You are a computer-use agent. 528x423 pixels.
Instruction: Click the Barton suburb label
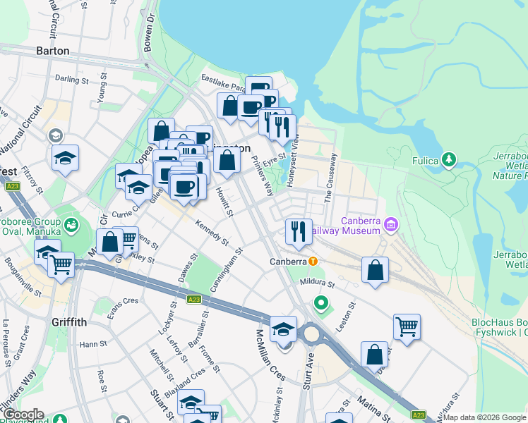point(53,51)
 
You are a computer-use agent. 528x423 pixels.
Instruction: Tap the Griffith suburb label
point(69,322)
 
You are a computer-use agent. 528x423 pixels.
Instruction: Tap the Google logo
point(23,415)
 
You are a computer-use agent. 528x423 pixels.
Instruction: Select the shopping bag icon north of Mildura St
point(375,269)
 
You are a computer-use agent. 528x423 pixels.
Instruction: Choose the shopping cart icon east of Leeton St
point(407,326)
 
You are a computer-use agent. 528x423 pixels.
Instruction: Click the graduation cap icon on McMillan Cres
point(283,329)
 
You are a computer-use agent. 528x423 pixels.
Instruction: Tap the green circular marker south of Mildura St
point(321,305)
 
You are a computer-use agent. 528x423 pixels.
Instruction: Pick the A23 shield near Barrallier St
point(195,300)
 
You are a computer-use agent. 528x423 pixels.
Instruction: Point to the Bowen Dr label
point(148,32)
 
